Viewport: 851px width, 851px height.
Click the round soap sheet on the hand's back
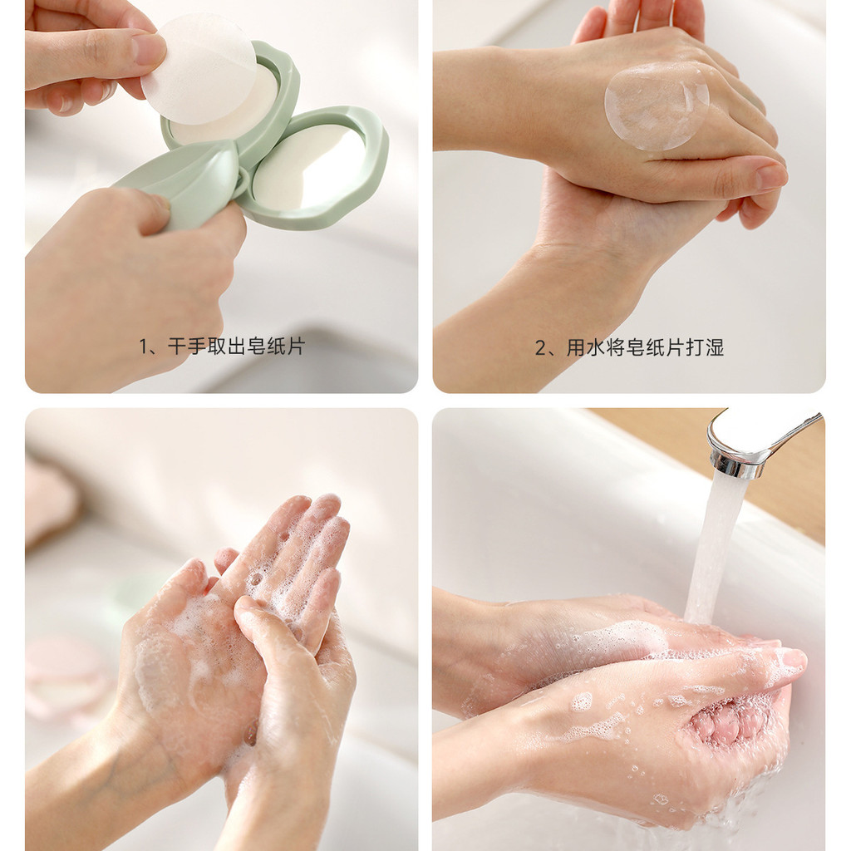657,106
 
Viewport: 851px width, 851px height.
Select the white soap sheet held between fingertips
199,68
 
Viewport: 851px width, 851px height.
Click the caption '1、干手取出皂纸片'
222,346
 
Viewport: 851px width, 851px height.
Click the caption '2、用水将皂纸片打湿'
630,347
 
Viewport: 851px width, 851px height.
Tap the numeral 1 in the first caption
144,347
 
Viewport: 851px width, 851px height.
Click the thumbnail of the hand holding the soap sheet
147,47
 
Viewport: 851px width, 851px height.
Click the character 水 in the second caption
596,347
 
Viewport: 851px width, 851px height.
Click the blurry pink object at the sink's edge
52,502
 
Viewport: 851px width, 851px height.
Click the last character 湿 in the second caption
715,347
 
